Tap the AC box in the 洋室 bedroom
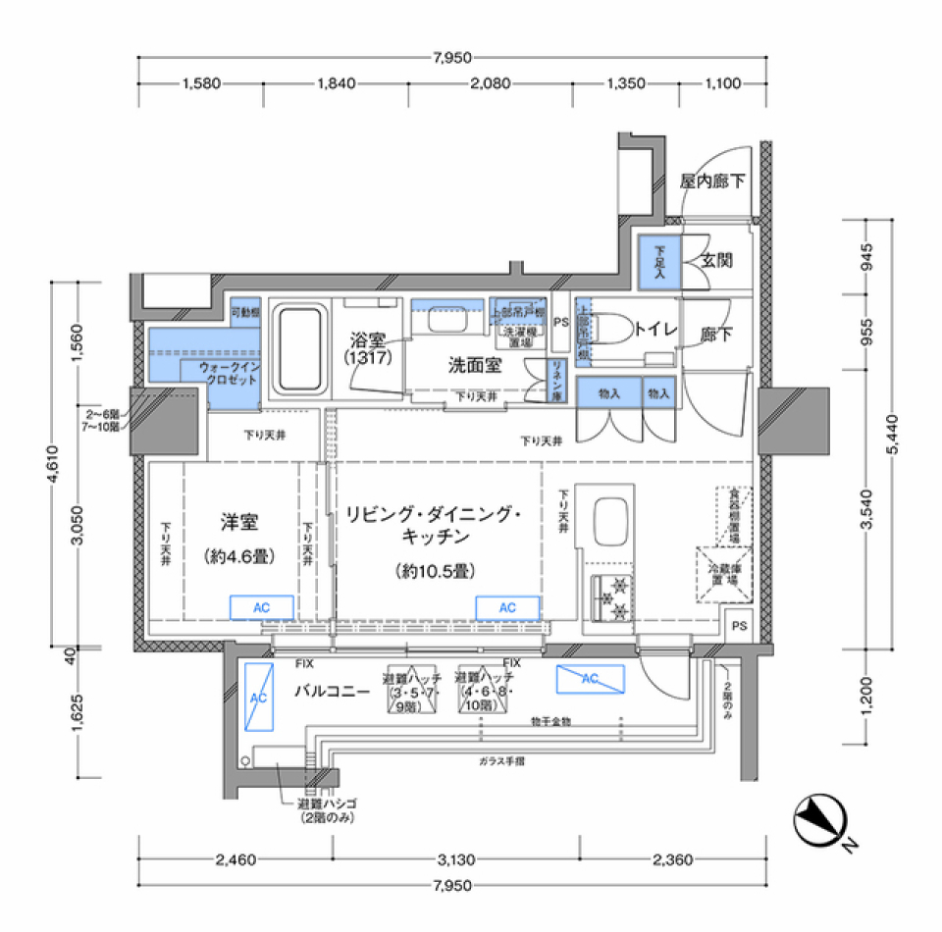coord(261,607)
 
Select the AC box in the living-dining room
coord(507,608)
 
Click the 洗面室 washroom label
coord(475,365)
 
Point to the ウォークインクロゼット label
coord(228,373)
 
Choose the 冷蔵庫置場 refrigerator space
coord(725,573)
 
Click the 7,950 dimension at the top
coord(451,58)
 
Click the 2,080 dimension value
coord(490,84)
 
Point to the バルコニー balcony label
coord(332,691)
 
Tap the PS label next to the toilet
coord(560,321)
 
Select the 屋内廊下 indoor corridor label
coord(712,181)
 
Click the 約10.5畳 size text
coord(436,570)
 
